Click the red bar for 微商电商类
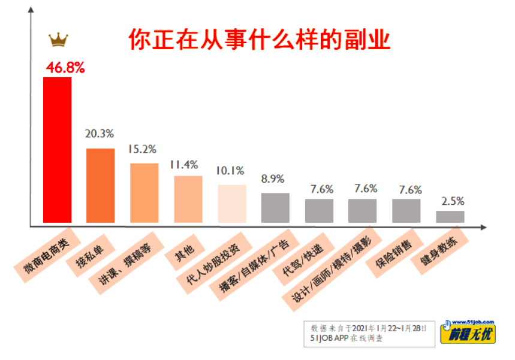pos(58,150)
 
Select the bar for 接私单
pos(101,186)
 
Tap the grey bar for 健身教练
pos(450,217)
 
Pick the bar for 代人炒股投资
pos(232,204)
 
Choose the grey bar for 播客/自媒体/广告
pos(275,208)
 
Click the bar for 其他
pos(188,199)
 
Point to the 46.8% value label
pos(66,68)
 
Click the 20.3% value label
pos(100,134)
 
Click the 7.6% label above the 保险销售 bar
pos(410,190)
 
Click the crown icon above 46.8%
pos(58,40)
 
